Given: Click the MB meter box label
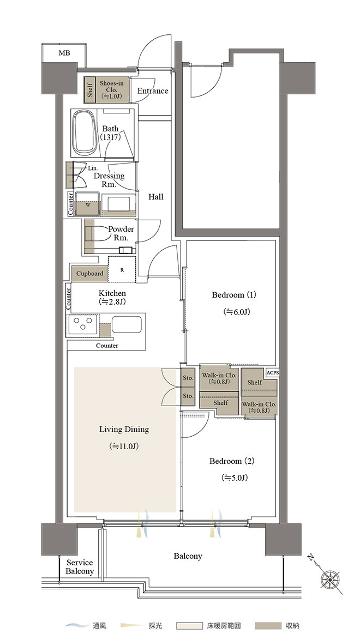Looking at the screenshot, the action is (64, 53).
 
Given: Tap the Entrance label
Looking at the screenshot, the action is (152, 91).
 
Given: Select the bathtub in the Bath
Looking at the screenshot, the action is (85, 132).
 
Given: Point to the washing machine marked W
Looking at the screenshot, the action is (87, 203).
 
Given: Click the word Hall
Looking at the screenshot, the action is (155, 197).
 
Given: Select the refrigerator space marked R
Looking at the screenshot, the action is (122, 269).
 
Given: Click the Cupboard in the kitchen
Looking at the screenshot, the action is (89, 274).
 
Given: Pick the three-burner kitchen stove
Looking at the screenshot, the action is (83, 325).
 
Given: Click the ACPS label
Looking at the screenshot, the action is (272, 373).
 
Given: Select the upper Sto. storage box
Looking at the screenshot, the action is (188, 378).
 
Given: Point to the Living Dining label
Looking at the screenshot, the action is (124, 430).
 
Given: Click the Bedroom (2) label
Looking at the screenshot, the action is (232, 461).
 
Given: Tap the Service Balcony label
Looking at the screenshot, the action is (80, 567).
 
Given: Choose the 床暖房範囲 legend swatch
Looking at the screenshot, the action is (190, 626).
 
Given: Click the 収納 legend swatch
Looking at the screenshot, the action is (268, 626).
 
